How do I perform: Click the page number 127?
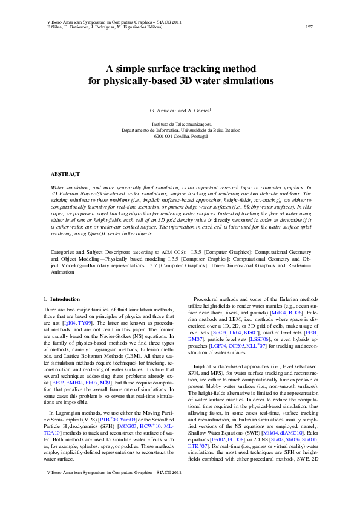pos(309,27)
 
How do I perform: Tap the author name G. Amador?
pos(162,111)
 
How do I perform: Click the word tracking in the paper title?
pos(185,69)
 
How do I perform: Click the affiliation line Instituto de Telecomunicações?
pos(180,123)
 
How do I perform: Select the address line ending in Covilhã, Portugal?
pos(180,136)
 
